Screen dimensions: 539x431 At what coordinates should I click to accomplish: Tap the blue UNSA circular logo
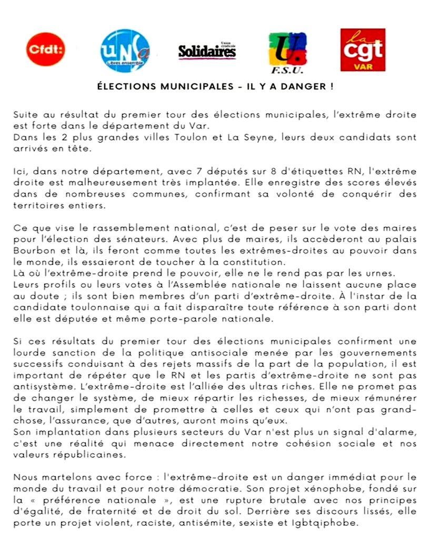pos(125,51)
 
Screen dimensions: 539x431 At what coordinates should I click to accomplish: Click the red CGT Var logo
pos(363,49)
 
